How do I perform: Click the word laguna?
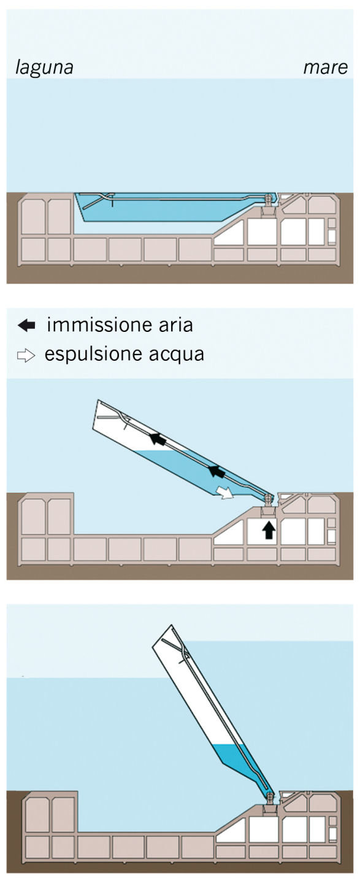coord(44,67)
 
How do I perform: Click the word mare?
coord(326,67)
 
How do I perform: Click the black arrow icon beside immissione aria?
coord(27,325)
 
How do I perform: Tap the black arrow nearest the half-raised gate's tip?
coord(159,439)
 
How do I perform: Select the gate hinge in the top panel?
coord(269,199)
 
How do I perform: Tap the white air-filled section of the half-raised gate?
coord(123,429)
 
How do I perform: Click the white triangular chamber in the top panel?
coord(234,235)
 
